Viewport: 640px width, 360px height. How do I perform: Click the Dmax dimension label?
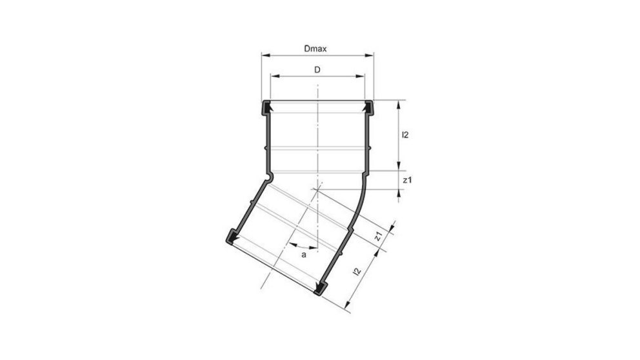click(x=317, y=48)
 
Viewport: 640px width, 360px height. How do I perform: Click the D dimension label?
click(x=317, y=69)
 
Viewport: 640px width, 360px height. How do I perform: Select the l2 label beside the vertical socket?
click(x=405, y=135)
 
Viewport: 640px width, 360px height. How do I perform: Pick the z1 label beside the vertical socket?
click(x=406, y=181)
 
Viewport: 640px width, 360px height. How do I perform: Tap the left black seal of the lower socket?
click(x=231, y=237)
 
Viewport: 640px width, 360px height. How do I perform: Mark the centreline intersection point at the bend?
click(x=317, y=189)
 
